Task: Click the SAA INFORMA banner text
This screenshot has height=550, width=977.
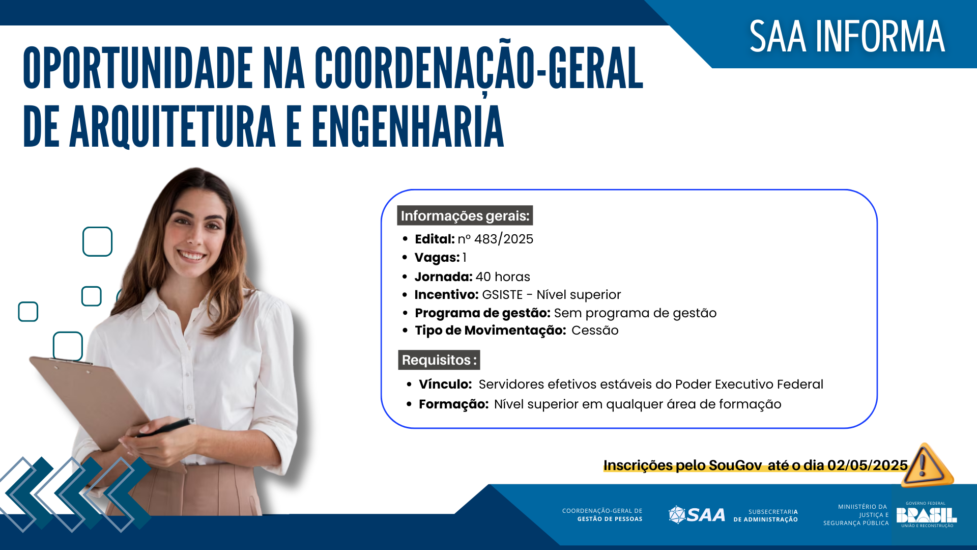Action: [847, 37]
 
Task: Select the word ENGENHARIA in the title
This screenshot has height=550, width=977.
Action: [407, 127]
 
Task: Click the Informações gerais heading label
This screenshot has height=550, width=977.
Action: [465, 216]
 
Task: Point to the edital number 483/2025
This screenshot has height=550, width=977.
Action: [503, 239]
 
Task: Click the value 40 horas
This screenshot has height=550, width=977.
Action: [503, 277]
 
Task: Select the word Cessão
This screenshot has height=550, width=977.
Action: [595, 331]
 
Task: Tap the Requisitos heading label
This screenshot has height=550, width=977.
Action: [439, 360]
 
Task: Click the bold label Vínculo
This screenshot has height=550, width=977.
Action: [445, 384]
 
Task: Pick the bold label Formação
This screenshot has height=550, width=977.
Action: [453, 404]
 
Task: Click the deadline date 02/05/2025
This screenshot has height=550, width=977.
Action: [867, 465]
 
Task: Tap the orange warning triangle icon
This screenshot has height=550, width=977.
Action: [925, 465]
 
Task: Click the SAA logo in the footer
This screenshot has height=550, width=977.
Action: [697, 515]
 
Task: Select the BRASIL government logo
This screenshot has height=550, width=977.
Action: [926, 515]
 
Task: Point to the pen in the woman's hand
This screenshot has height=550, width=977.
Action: [168, 427]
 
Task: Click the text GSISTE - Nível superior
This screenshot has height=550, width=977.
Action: [551, 295]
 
